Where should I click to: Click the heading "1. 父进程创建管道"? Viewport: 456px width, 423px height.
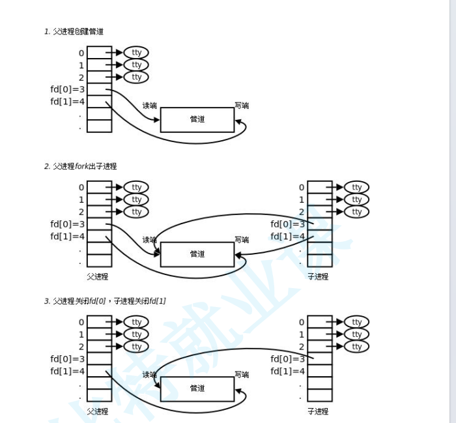tap(74, 31)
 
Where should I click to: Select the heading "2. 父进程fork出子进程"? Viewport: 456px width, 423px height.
tap(80, 166)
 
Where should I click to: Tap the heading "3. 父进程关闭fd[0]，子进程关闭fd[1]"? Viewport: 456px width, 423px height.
tap(105, 301)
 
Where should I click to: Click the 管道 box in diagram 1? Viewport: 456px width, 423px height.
tap(197, 119)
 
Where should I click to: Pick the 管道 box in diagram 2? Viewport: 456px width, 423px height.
tap(197, 254)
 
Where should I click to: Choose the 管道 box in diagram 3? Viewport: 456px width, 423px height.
tap(197, 388)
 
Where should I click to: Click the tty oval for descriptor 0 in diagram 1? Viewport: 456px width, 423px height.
tap(136, 53)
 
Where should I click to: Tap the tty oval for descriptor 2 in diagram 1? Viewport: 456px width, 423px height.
tap(136, 78)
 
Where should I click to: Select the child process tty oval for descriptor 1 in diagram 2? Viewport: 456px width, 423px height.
tap(356, 200)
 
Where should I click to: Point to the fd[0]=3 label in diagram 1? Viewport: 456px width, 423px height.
tap(68, 89)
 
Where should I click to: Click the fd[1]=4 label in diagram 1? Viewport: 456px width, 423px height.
tap(68, 102)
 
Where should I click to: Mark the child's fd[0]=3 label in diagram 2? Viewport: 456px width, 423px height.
tap(288, 224)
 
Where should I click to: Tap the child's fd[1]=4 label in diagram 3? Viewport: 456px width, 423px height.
tap(288, 372)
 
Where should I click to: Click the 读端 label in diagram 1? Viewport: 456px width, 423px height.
tap(150, 106)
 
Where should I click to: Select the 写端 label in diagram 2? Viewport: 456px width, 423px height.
tap(242, 240)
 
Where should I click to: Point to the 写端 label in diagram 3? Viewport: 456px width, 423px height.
tap(242, 375)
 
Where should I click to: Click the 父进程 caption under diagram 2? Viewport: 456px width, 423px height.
tap(98, 276)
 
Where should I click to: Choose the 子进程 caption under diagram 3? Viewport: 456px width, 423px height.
tap(318, 411)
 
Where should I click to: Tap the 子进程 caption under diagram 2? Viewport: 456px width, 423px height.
tap(318, 276)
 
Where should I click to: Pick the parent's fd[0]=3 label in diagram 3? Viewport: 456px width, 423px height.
tap(68, 359)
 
